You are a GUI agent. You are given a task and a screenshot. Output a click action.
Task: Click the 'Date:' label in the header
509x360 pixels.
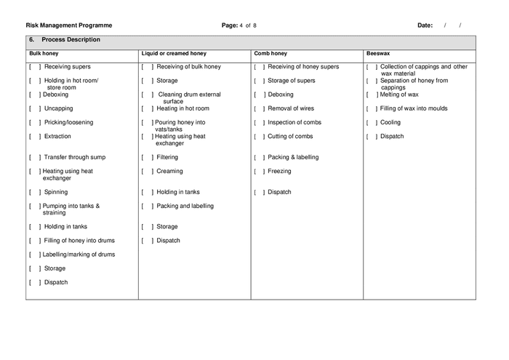point(425,25)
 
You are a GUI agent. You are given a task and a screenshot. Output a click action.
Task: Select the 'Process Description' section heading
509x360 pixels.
point(71,40)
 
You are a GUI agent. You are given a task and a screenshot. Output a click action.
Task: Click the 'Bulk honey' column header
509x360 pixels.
point(44,53)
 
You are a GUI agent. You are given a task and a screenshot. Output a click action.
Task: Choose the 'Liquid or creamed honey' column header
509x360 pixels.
point(174,53)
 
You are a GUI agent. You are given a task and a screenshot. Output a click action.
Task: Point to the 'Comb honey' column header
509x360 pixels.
point(270,53)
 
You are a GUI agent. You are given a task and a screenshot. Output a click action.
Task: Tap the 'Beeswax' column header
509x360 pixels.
point(378,53)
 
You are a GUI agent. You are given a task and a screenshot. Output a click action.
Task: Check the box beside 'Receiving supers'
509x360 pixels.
point(34,67)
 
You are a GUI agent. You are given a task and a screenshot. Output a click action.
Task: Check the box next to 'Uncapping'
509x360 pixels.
point(34,108)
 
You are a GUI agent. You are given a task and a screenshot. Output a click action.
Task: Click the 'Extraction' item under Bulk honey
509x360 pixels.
point(58,136)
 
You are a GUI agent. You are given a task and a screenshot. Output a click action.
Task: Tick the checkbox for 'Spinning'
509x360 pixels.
point(34,192)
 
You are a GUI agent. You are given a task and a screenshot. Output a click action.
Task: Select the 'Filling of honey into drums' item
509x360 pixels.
point(79,240)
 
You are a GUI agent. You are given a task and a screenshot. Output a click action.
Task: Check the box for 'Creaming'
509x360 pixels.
point(147,172)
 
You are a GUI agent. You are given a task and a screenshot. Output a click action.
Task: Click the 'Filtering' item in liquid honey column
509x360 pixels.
point(167,157)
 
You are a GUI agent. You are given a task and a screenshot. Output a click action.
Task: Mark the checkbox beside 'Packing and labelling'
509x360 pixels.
point(147,206)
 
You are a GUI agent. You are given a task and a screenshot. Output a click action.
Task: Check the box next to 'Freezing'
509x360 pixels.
point(259,172)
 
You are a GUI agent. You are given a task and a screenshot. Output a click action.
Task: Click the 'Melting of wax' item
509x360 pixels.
point(399,95)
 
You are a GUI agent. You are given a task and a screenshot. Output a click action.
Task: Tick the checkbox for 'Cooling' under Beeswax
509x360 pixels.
point(372,122)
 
